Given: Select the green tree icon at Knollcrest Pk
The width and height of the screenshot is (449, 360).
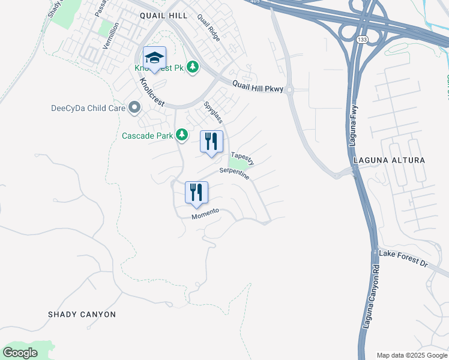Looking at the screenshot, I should (x=193, y=67).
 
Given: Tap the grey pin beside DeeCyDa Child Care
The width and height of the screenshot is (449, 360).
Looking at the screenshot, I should (x=133, y=108).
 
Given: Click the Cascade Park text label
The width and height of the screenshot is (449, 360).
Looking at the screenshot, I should (x=148, y=136).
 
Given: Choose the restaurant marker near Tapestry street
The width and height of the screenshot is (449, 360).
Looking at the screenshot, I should (x=211, y=142).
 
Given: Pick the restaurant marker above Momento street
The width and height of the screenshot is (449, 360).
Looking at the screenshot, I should (x=196, y=193).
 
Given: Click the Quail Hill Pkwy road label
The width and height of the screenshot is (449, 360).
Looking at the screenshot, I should (x=257, y=88).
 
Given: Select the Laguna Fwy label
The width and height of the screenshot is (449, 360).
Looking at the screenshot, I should (x=355, y=125).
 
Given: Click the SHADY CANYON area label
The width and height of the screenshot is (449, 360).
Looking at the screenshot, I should (x=82, y=314).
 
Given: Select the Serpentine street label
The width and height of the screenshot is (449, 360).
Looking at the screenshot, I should (x=234, y=174).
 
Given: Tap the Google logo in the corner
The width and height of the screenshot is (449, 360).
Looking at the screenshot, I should (x=20, y=353).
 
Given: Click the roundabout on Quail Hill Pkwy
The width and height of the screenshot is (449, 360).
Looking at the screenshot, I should (x=289, y=91).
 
